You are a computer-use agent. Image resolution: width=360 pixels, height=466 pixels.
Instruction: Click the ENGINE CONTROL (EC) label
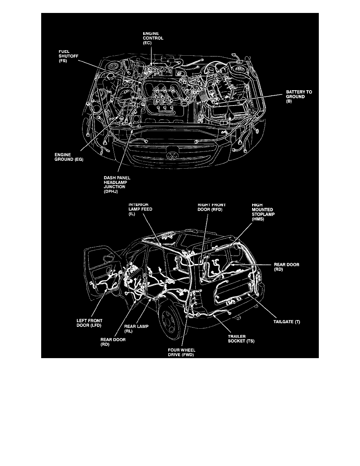[153, 38]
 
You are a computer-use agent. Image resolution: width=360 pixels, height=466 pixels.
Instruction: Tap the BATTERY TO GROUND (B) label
[298, 96]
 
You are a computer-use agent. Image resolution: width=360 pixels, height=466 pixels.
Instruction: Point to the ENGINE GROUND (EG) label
[69, 157]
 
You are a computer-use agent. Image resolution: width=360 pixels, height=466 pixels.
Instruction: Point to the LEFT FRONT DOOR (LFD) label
[89, 322]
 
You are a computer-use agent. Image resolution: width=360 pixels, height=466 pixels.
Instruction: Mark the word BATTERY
[294, 92]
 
